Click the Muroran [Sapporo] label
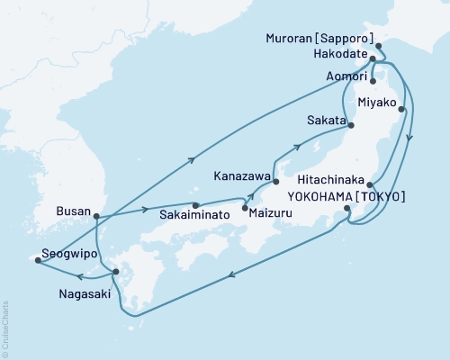(x=320, y=40)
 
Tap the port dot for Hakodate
(x=373, y=59)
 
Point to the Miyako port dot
(x=401, y=111)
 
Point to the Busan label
(x=73, y=212)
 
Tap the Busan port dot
(x=96, y=215)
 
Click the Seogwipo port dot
(x=37, y=261)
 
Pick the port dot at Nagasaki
(x=114, y=271)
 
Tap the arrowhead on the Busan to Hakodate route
(x=192, y=159)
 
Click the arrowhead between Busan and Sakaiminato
(x=146, y=211)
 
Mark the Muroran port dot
(x=378, y=45)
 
